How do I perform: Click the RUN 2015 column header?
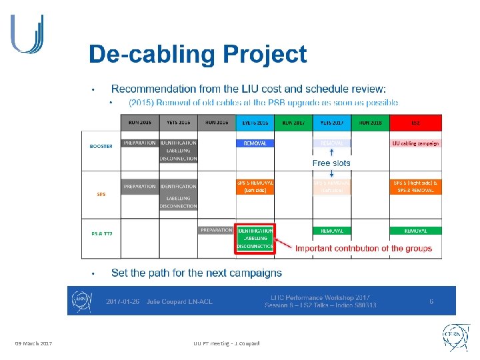coord(140,123)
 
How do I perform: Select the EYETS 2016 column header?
coord(255,123)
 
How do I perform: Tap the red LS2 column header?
coord(415,123)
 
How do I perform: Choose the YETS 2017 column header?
coord(331,123)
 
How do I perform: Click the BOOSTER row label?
coord(101,145)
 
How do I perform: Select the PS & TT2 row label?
coord(101,233)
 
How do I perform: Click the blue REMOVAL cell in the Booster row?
coord(255,143)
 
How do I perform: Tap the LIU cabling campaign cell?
coord(415,143)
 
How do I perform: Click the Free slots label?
coord(331,163)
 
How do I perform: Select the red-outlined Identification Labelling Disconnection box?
coord(255,238)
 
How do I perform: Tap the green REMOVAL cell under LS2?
coord(415,230)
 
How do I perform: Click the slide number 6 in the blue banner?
coord(431,301)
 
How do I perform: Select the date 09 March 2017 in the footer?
coord(34,343)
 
